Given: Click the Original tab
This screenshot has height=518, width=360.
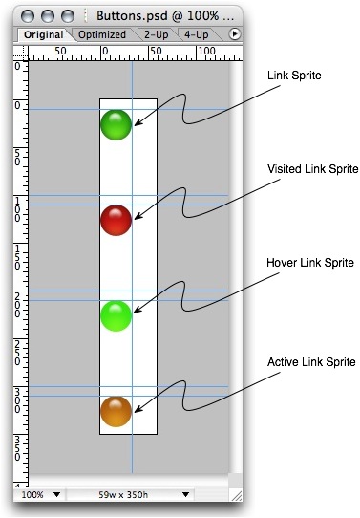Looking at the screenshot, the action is click(44, 34).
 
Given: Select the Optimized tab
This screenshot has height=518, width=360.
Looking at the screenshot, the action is click(102, 34).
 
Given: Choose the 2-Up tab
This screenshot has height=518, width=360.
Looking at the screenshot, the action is click(156, 34).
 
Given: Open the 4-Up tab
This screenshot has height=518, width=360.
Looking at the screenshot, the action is click(197, 34).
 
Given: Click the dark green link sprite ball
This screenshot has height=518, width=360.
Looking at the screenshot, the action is click(116, 125).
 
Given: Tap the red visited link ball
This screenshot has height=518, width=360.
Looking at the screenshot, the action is click(116, 221).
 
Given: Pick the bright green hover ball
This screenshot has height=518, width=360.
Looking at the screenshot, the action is click(116, 316).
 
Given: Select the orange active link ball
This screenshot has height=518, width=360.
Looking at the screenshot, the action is click(116, 412).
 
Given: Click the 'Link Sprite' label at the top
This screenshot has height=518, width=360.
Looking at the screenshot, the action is click(294, 76).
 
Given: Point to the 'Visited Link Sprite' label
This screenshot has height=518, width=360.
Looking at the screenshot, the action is click(313, 169).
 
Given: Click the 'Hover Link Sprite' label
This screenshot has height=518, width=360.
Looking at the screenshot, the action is click(310, 263).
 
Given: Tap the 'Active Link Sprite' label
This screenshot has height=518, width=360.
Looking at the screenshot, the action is click(311, 362).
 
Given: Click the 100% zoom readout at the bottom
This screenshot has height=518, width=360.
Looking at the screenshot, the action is click(32, 495).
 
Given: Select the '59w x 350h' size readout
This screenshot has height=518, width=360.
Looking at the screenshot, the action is click(123, 495).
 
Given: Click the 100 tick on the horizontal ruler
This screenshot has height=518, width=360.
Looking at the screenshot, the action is click(207, 52).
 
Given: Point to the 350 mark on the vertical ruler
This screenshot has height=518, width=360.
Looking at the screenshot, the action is click(17, 448).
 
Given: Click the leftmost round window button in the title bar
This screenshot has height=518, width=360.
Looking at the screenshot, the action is click(28, 16).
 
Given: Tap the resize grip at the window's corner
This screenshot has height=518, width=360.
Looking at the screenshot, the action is click(236, 495).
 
